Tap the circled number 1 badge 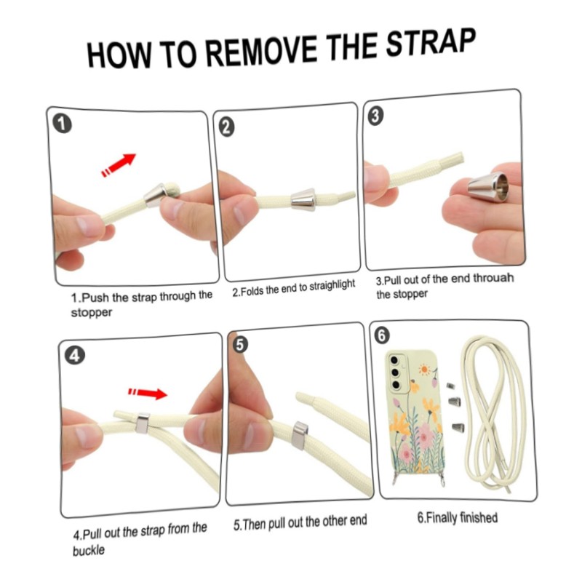pos(62,123)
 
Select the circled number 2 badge pos(226,127)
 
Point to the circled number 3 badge pos(375,116)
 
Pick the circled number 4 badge pos(74,356)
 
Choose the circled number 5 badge pos(240,345)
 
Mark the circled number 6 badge pos(382,335)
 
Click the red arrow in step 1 pos(119,165)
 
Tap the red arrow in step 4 pos(148,393)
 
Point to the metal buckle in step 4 pos(143,423)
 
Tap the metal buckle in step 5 pos(300,436)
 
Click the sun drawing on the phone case pos(423,370)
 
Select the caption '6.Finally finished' pos(458,517)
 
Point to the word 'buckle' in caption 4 pos(88,550)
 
